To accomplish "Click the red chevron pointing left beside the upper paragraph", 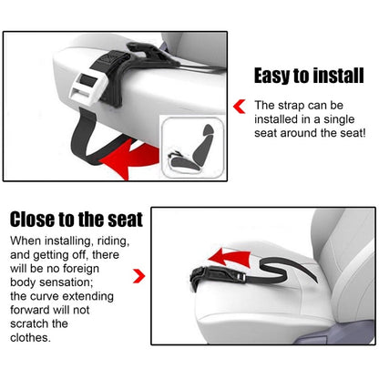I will tap(240, 107).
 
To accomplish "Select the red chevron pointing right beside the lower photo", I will tap(138, 274).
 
